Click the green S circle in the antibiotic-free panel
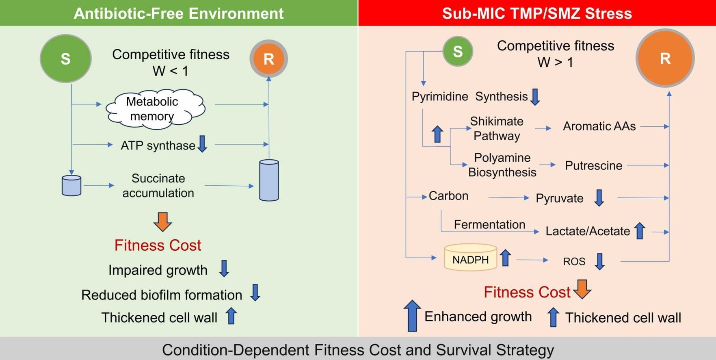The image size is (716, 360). click(x=65, y=59)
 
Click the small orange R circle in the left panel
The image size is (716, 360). click(x=268, y=59)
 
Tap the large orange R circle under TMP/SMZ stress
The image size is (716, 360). click(x=665, y=58)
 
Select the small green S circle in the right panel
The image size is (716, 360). click(x=458, y=51)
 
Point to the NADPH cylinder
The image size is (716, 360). click(x=470, y=258)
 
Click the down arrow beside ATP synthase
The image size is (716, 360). click(x=202, y=144)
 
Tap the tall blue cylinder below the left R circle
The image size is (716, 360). click(x=269, y=180)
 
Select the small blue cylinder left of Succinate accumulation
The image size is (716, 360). click(x=71, y=186)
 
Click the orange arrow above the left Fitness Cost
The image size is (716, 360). click(x=162, y=221)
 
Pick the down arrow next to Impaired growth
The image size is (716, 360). click(x=224, y=269)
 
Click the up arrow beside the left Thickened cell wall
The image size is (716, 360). click(x=231, y=316)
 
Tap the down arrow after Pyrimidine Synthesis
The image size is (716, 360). click(x=535, y=97)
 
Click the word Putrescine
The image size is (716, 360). click(x=593, y=166)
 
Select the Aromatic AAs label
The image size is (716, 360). click(x=599, y=126)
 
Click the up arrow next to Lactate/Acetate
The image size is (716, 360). click(x=640, y=231)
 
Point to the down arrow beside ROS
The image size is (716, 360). click(x=599, y=261)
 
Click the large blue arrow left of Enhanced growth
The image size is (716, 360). click(x=412, y=316)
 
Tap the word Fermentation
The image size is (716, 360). click(x=489, y=224)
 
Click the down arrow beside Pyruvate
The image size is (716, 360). click(x=599, y=198)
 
